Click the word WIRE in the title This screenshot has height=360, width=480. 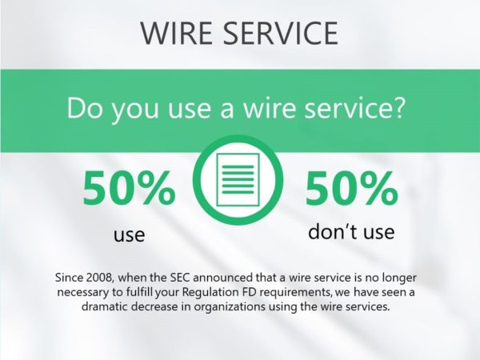tap(176, 33)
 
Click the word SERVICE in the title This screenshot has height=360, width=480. tap(280, 33)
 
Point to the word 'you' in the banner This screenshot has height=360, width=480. tap(135, 112)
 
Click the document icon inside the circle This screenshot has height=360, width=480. tap(238, 180)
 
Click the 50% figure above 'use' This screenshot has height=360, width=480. tap(129, 188)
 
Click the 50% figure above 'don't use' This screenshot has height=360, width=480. tap(352, 188)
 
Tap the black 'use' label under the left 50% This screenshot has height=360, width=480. tap(129, 235)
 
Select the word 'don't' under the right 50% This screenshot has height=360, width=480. tap(330, 231)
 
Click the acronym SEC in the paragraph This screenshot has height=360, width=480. tap(180, 278)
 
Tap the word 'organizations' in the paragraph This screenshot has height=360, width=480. tap(230, 307)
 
